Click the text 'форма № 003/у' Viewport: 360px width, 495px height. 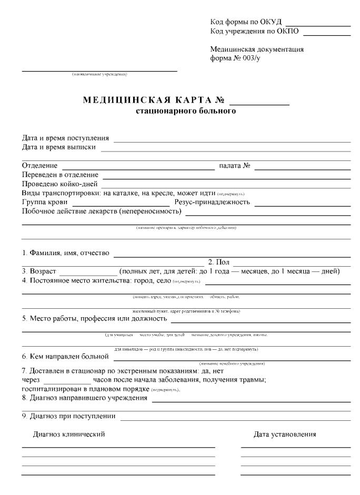point(235,58)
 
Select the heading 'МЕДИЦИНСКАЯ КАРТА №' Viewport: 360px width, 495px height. point(154,101)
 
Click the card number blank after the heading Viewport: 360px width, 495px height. point(259,104)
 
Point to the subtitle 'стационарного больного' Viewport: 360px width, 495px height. point(186,111)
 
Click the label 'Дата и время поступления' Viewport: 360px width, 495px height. point(65,138)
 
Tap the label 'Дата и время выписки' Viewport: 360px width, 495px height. point(59,147)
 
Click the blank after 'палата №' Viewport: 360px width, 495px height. point(302,168)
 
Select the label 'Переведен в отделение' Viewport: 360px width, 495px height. point(60,175)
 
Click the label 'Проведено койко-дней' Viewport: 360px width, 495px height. point(59,184)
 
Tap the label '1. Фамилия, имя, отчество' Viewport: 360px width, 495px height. point(66,253)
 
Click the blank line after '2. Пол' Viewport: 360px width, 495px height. point(292,264)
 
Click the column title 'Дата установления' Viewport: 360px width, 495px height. point(285,435)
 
